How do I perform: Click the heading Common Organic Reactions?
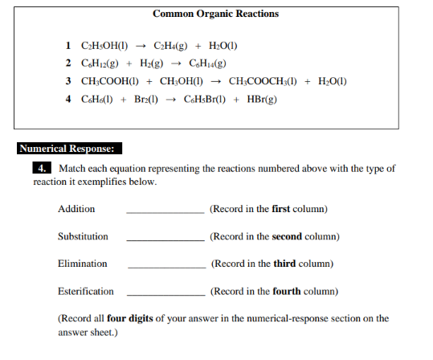click(215, 14)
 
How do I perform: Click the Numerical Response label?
click(69, 149)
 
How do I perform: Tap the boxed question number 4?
click(42, 169)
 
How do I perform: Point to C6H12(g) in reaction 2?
click(101, 63)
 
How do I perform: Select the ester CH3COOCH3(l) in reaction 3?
click(265, 81)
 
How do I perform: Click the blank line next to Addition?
click(165, 212)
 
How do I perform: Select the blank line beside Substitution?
click(165, 239)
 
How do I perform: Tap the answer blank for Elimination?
click(165, 267)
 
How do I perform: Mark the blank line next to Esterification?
click(165, 294)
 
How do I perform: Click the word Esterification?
click(86, 291)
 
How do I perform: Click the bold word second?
click(288, 236)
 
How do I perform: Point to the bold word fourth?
click(287, 291)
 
